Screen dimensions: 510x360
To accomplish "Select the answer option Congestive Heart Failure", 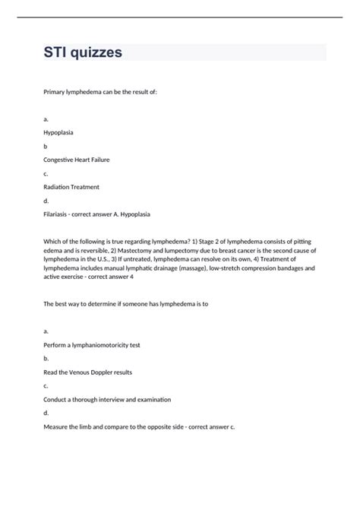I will click(x=81, y=160).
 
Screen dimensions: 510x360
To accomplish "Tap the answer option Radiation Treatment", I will click(x=71, y=187).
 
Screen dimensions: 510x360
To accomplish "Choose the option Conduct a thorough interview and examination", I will click(x=106, y=399).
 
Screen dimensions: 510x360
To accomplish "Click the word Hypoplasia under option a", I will click(x=60, y=132).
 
